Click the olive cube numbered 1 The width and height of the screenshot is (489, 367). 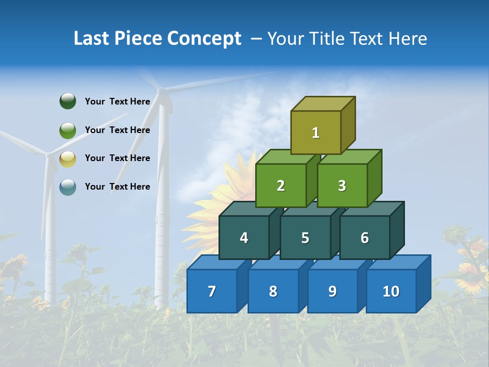(x=316, y=133)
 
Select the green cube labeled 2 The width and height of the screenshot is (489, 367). (x=281, y=186)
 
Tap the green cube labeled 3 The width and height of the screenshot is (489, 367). (x=342, y=186)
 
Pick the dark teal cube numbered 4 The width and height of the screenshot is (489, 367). (x=244, y=238)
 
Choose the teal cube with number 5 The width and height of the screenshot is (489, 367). (x=305, y=238)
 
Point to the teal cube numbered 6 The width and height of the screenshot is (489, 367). (x=364, y=238)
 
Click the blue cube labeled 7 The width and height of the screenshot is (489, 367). (x=212, y=291)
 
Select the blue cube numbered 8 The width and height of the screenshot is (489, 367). (x=273, y=291)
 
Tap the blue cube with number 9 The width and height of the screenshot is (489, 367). (x=332, y=291)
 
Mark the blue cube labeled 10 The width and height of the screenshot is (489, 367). (x=391, y=291)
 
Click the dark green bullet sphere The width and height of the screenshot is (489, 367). (x=68, y=101)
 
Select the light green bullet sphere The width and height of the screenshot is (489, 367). (x=68, y=130)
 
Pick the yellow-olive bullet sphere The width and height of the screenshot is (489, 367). (x=68, y=159)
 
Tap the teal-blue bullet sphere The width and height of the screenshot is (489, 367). (x=68, y=187)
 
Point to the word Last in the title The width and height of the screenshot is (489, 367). (x=92, y=39)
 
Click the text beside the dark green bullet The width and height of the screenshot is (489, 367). (x=118, y=101)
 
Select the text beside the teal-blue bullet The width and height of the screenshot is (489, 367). (x=118, y=187)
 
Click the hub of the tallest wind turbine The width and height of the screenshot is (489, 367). (x=160, y=91)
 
